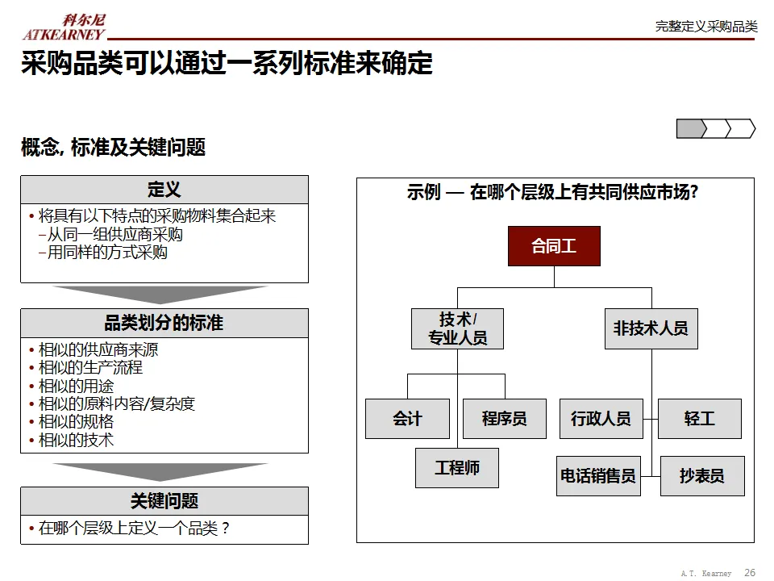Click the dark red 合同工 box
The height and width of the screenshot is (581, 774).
click(x=554, y=246)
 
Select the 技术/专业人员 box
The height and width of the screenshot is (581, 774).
click(x=457, y=328)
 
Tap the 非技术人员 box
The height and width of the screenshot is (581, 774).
click(x=651, y=328)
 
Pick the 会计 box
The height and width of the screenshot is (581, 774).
click(x=407, y=419)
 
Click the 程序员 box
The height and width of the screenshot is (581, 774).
click(x=504, y=419)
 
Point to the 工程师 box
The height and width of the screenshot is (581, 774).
click(x=457, y=468)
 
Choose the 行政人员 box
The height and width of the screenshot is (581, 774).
click(x=601, y=419)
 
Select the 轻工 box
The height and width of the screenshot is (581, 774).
click(x=699, y=419)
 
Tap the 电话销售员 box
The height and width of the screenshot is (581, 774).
click(x=597, y=476)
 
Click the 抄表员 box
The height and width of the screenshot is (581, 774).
click(x=701, y=476)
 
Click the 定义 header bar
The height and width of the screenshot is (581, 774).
click(x=164, y=190)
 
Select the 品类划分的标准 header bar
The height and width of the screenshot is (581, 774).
click(x=164, y=323)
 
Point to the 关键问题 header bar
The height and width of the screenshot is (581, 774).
click(x=164, y=501)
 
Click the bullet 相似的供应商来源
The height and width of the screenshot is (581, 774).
click(x=98, y=350)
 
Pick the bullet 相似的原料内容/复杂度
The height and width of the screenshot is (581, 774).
click(x=117, y=403)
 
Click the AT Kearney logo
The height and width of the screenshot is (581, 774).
click(x=64, y=27)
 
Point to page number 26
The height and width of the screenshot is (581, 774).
click(x=750, y=573)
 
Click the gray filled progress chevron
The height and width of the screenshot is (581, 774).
click(x=690, y=128)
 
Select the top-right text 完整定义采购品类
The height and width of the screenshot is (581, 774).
click(x=706, y=27)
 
